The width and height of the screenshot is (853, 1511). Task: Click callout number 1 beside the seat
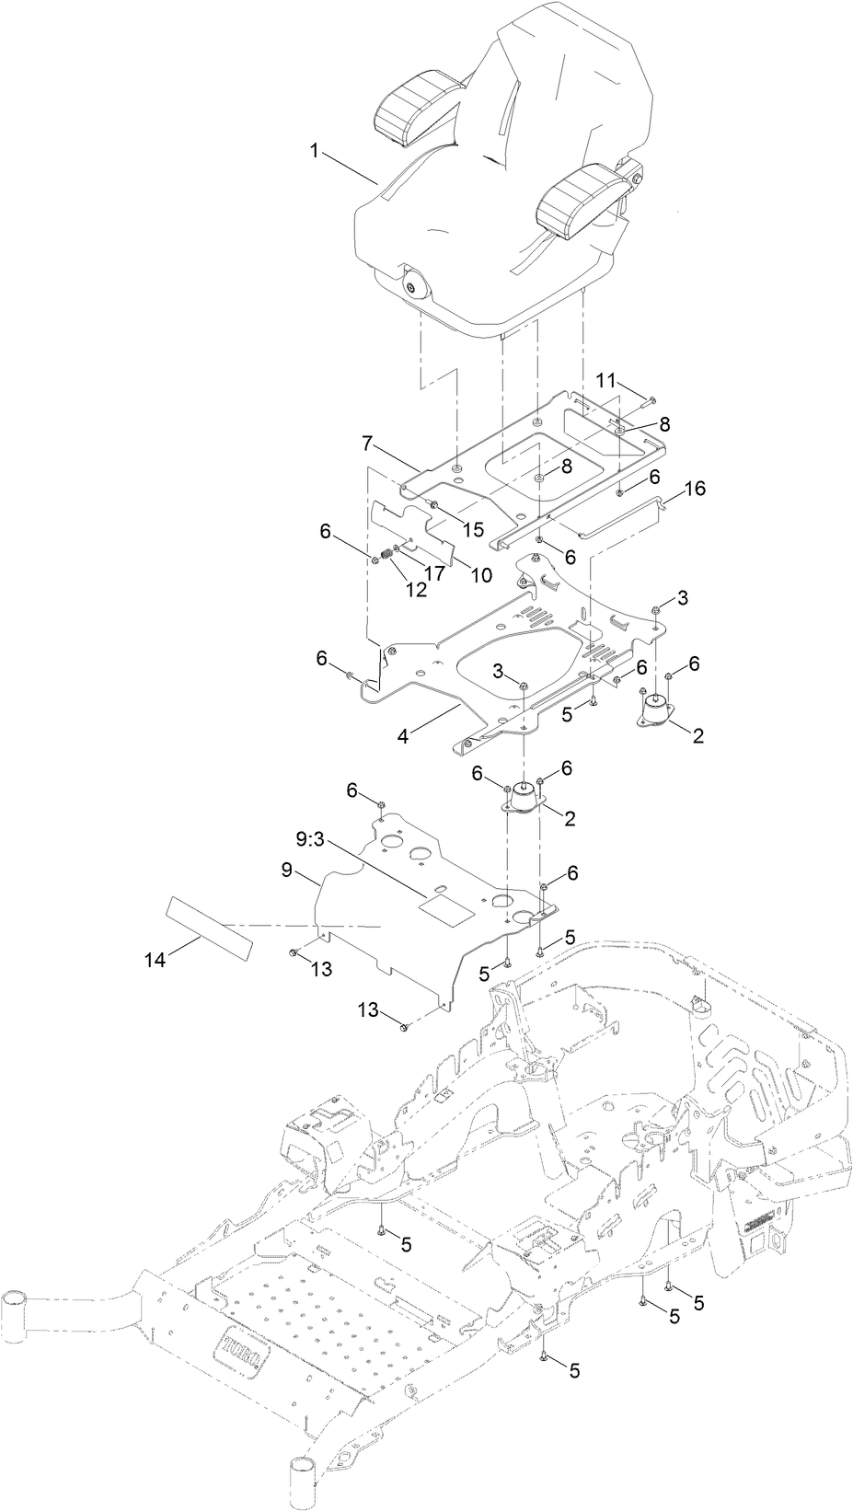point(315,151)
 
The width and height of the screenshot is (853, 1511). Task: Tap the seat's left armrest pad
point(412,112)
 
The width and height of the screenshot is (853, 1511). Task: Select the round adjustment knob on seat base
point(412,286)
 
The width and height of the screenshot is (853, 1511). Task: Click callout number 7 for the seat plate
point(367,444)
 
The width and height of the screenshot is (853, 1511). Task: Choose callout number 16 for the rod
point(695,488)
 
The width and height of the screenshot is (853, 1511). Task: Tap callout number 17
point(434,571)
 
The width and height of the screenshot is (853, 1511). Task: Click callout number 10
point(480,575)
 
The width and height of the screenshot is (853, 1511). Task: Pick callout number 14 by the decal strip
point(156,960)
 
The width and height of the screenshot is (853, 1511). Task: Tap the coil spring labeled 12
point(386,558)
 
